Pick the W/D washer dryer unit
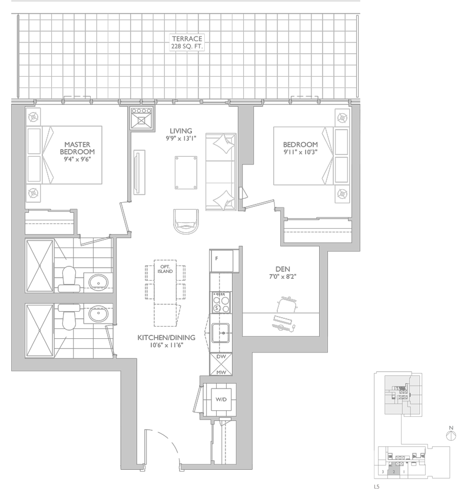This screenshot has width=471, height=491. tap(221, 400)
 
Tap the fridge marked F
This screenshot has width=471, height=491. tap(217, 259)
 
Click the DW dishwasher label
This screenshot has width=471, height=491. tap(222, 357)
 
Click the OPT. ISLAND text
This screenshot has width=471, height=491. tap(166, 269)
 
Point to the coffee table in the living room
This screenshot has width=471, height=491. tap(187, 172)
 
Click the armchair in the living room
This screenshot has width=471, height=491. tap(187, 222)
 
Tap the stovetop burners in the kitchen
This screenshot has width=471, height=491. tap(221, 302)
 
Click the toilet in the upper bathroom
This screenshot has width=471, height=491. tap(68, 278)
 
